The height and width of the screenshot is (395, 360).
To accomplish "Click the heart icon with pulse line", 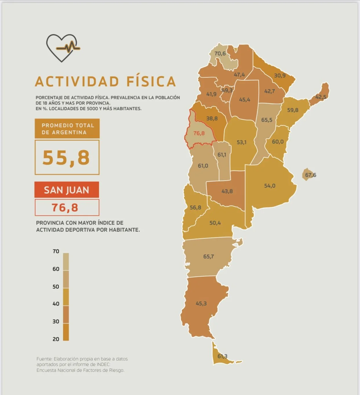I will pyautogui.click(x=63, y=48).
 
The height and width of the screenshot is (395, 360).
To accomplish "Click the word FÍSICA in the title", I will pyautogui.click(x=151, y=82).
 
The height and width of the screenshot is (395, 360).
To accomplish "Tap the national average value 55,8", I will pyautogui.click(x=66, y=157).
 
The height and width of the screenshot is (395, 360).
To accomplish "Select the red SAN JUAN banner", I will pyautogui.click(x=67, y=190).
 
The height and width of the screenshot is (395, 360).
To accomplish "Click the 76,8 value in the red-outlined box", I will pyautogui.click(x=65, y=208).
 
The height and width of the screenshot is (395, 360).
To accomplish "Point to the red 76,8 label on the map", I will pyautogui.click(x=199, y=133).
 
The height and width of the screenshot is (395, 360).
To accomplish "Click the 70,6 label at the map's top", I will pyautogui.click(x=220, y=54).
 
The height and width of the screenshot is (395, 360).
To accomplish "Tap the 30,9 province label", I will pyautogui.click(x=280, y=75).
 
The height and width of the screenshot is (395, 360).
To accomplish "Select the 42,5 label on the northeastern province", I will pyautogui.click(x=321, y=97).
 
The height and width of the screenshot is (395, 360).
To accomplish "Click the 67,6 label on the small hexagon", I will pyautogui.click(x=310, y=175).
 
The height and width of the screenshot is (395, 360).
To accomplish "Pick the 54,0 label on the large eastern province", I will pyautogui.click(x=270, y=186).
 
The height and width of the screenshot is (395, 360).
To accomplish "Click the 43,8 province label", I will pyautogui.click(x=227, y=191).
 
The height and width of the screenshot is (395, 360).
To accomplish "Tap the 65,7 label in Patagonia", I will pyautogui.click(x=208, y=256).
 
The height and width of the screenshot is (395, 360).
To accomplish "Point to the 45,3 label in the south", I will pyautogui.click(x=201, y=303).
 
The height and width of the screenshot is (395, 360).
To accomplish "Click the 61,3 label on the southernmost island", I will pyautogui.click(x=222, y=356).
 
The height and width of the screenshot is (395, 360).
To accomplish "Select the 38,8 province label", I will pyautogui.click(x=212, y=118).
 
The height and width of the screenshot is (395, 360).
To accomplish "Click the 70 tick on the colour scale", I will pyautogui.click(x=56, y=251).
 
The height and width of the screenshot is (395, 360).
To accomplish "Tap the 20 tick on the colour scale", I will pyautogui.click(x=56, y=339).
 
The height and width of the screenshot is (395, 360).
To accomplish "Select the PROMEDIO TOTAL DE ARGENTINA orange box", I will pyautogui.click(x=67, y=129).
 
